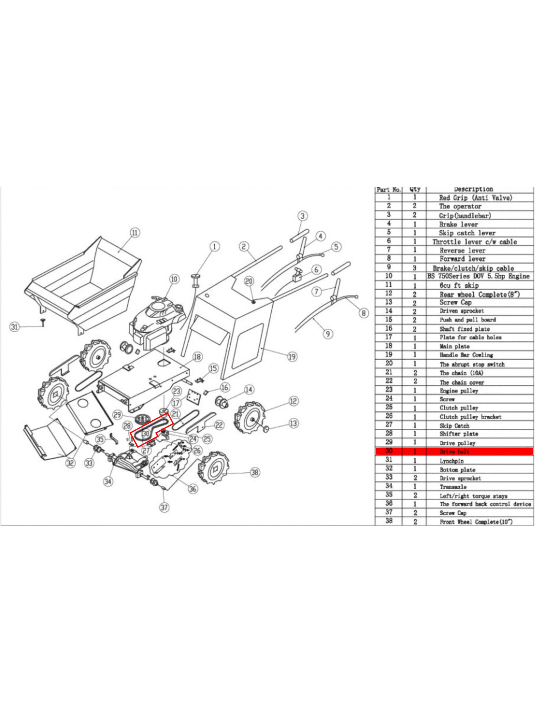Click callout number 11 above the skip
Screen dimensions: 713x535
click(135, 232)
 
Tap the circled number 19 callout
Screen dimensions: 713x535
click(292, 356)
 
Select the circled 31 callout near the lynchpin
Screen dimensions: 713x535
click(14, 327)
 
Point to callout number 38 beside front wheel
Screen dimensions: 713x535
click(255, 473)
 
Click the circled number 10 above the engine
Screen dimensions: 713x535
click(174, 279)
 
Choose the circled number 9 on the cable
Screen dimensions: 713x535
click(328, 334)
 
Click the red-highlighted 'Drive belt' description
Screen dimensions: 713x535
click(454, 451)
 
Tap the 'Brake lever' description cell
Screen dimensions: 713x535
click(458, 224)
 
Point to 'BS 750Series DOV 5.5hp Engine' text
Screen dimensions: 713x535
click(478, 276)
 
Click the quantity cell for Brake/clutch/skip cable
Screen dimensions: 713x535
click(415, 268)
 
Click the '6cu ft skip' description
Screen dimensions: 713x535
click(459, 285)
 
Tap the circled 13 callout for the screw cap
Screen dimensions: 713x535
click(293, 423)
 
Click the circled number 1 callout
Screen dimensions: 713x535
click(215, 246)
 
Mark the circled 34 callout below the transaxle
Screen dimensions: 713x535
click(108, 482)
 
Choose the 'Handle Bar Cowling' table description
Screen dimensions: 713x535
click(466, 355)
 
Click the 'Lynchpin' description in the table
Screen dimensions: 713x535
click(451, 461)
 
